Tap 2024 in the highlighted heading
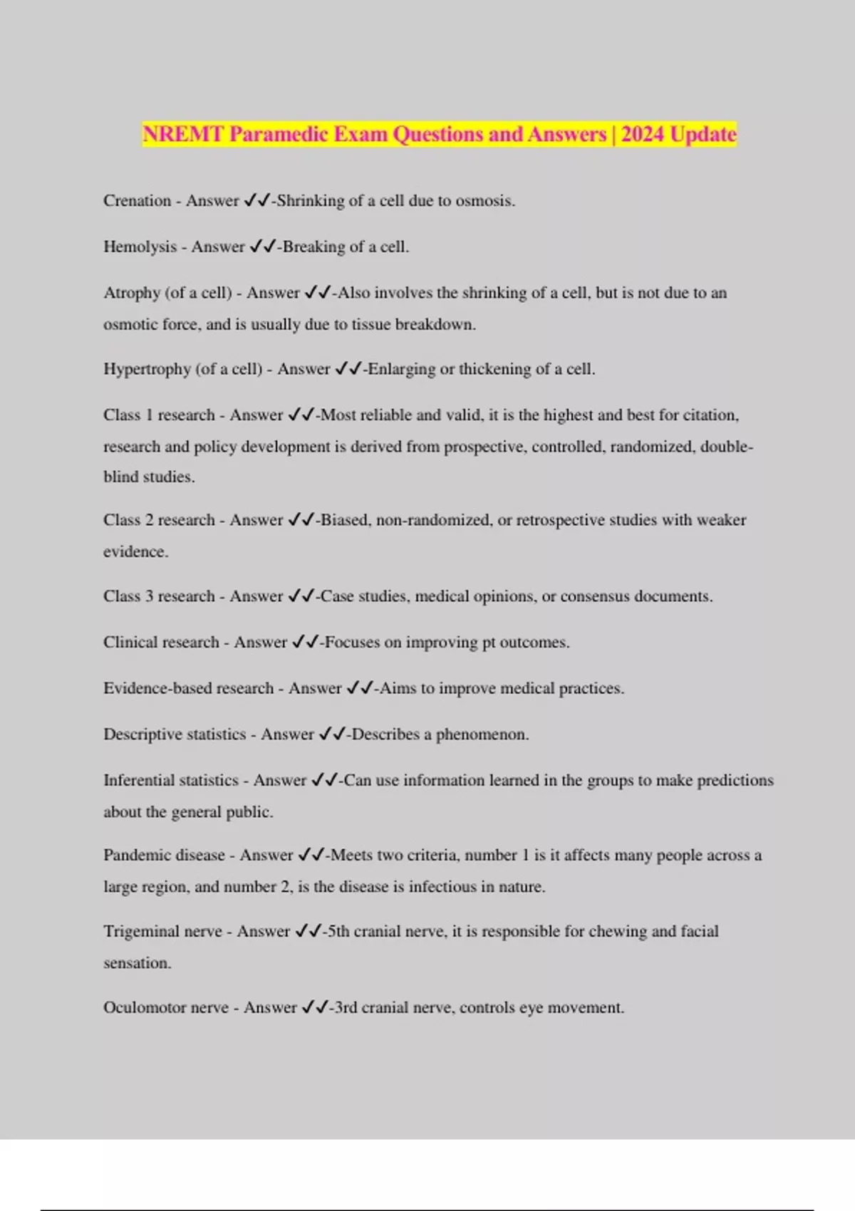pos(643,134)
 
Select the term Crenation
pos(137,201)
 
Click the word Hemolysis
pos(140,247)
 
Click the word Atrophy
pos(131,293)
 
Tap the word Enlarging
pos(401,369)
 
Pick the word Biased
pos(345,520)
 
